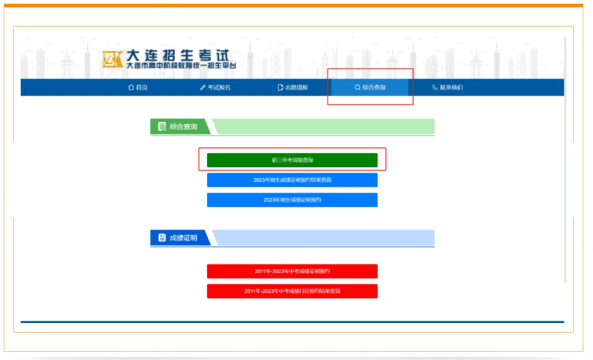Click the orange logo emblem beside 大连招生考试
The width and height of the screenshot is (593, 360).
(x=112, y=59)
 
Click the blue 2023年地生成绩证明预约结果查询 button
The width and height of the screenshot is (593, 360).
(x=292, y=180)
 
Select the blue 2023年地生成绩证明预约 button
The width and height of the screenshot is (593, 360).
(x=292, y=200)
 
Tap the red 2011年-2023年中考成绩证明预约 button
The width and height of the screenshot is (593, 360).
(x=292, y=271)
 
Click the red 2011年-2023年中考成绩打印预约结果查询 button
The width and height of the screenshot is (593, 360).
(x=292, y=291)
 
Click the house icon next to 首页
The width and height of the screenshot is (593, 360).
(x=132, y=87)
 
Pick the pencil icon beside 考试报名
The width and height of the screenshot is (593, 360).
(x=203, y=87)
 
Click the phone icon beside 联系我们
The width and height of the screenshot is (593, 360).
(x=435, y=87)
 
